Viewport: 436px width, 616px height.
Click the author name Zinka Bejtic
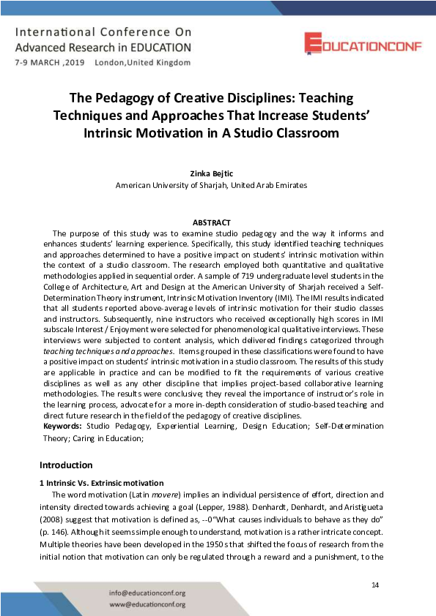coord(211,173)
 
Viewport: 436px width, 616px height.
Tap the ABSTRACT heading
coord(211,222)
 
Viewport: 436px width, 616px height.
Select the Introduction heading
coord(66,465)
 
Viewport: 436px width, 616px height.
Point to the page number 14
coord(375,585)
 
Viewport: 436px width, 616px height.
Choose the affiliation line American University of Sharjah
coord(211,186)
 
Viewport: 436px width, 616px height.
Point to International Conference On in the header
coord(103,33)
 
